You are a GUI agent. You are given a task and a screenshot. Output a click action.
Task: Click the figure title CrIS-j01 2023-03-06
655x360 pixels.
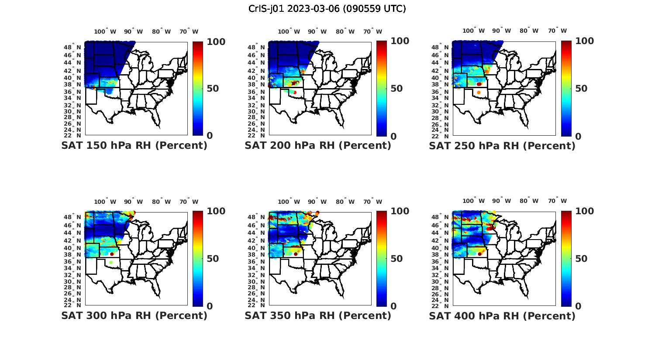327,9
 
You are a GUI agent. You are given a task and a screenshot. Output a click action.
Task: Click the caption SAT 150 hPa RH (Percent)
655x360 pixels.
134,145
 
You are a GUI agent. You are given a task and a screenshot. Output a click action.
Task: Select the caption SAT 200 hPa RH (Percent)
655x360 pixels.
318,145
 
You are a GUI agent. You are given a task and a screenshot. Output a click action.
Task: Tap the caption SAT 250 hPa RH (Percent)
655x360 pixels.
502,145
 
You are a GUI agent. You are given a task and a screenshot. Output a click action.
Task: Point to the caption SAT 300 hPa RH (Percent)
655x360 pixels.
134,315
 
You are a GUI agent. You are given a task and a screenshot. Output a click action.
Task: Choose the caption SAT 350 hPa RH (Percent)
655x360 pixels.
318,315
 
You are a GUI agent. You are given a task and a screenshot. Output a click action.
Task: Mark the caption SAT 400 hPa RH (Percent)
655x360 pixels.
502,315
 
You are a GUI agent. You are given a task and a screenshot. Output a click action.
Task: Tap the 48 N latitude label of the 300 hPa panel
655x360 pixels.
77,217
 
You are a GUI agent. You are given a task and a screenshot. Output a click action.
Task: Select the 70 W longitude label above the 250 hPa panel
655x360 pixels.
557,31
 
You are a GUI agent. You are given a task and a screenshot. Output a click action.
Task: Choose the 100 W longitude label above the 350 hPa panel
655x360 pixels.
289,202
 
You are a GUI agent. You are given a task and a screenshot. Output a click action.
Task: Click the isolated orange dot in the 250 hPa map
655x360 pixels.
479,93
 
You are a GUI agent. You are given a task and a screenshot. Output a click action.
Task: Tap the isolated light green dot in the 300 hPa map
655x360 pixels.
111,262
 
